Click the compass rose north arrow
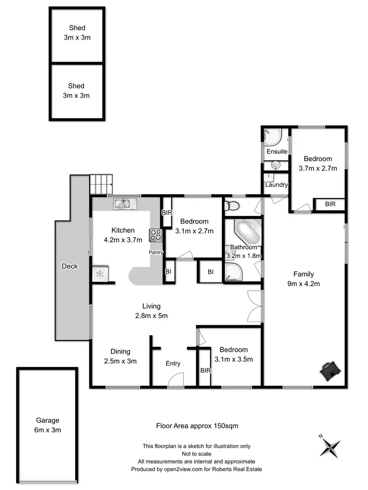(x=330, y=446)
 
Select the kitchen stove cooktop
(x=156, y=235)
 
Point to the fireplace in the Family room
(x=329, y=370)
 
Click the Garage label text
(x=48, y=420)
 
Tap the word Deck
(x=70, y=266)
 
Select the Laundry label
(x=276, y=185)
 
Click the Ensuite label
(x=277, y=151)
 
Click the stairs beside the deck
(x=101, y=185)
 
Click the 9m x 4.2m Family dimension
(x=303, y=284)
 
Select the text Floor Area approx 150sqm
(x=197, y=426)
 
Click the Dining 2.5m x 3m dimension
(x=120, y=361)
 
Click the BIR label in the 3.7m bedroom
(x=330, y=204)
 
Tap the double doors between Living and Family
(x=254, y=305)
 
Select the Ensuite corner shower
(x=272, y=137)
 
